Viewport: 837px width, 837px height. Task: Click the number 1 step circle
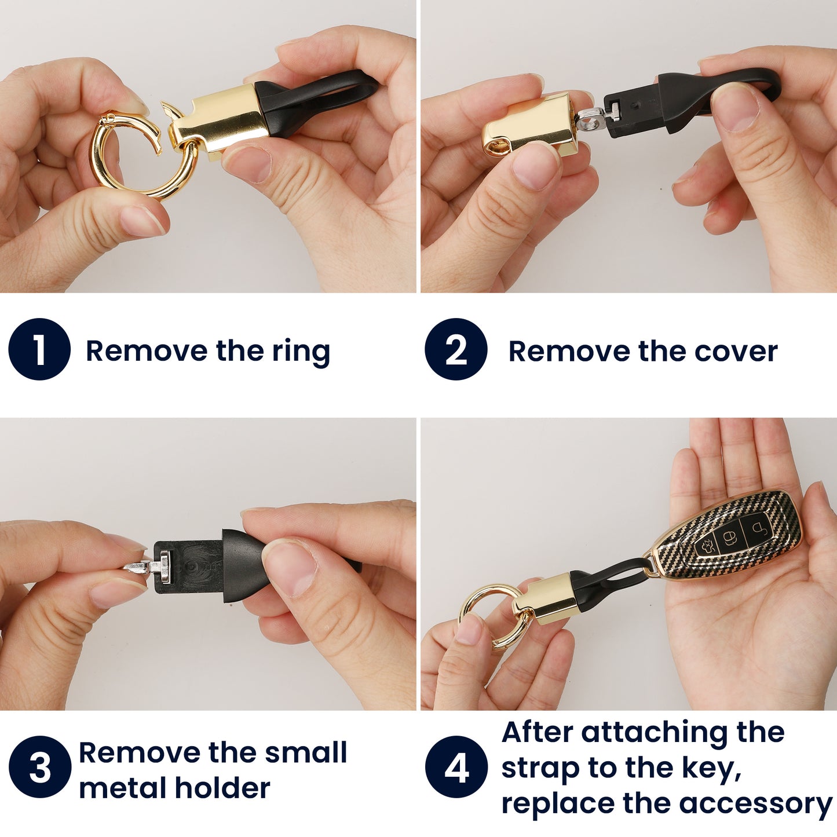(39, 349)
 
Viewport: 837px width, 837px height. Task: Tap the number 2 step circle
(456, 349)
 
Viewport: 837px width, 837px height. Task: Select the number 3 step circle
(39, 767)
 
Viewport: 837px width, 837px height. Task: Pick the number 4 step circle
(456, 767)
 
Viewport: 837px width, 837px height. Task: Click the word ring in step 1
(301, 352)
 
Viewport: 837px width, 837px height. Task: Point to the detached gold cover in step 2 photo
(530, 125)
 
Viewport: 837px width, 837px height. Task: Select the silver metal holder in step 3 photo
(150, 566)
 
